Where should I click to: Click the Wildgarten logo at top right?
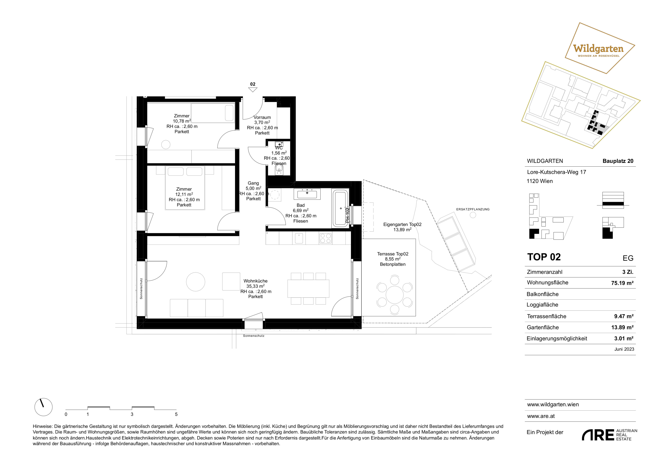(600, 48)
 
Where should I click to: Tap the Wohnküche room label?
(255, 281)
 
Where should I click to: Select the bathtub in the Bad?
(340, 208)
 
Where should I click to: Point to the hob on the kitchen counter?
(325, 238)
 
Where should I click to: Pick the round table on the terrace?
(395, 295)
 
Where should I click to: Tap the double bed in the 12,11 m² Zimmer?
(185, 188)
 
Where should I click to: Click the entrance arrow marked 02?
(252, 89)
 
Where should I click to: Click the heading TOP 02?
(544, 257)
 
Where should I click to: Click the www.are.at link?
(541, 416)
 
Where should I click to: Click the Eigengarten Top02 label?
(402, 224)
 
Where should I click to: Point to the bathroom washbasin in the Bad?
(307, 194)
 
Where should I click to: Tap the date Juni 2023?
(624, 349)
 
